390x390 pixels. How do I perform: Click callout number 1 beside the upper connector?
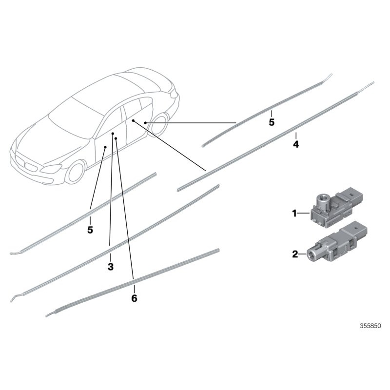pyautogui.click(x=294, y=213)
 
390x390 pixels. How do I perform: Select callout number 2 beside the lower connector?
pyautogui.click(x=294, y=253)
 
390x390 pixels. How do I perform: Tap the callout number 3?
pyautogui.click(x=110, y=267)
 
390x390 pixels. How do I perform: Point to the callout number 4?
pyautogui.click(x=296, y=145)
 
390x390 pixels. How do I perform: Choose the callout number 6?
pyautogui.click(x=134, y=298)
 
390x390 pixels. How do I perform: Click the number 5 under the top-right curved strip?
pyautogui.click(x=272, y=122)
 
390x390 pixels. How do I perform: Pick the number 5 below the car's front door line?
pyautogui.click(x=90, y=230)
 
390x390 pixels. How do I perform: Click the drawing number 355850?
pyautogui.click(x=370, y=326)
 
